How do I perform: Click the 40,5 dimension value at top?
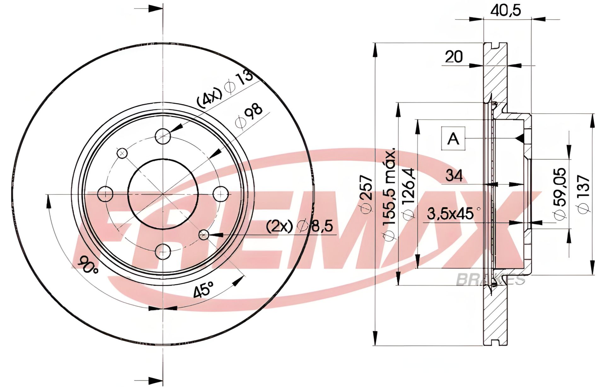pyautogui.click(x=505, y=11)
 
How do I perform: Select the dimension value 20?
pyautogui.click(x=454, y=57)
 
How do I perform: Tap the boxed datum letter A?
pyautogui.click(x=453, y=138)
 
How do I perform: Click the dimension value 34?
pyautogui.click(x=454, y=175)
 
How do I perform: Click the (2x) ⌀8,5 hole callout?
pyautogui.click(x=299, y=226)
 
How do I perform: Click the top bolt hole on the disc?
pyautogui.click(x=163, y=136)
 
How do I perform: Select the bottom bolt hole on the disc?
pyautogui.click(x=163, y=251)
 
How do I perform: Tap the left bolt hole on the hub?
pyautogui.click(x=105, y=194)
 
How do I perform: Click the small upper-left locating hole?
pyautogui.click(x=122, y=153)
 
